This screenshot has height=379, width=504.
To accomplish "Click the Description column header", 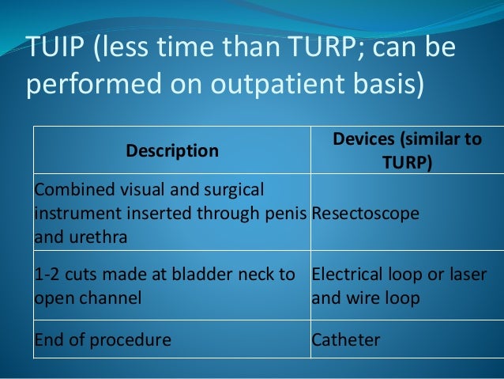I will (171, 150).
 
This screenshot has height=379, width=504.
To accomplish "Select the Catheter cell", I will (346, 340).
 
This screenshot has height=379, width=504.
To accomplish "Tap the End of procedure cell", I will (102, 340).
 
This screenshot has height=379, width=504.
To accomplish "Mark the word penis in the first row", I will (286, 214).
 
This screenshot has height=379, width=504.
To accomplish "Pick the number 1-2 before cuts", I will (46, 275).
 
